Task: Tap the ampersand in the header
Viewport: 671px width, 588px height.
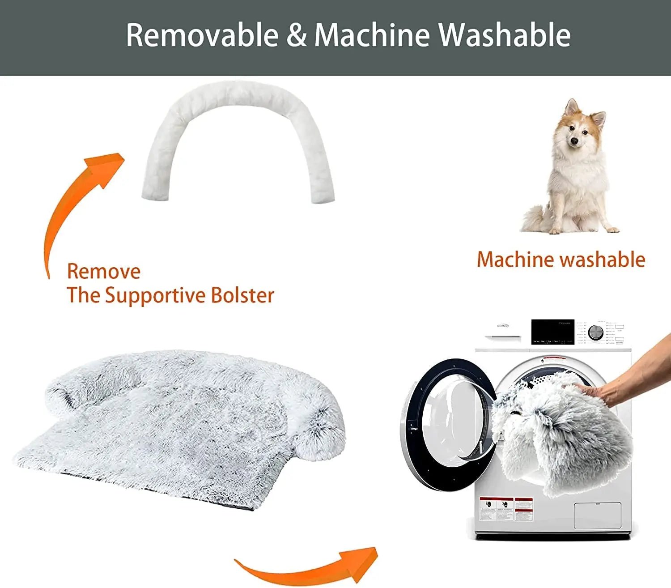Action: pos(296,35)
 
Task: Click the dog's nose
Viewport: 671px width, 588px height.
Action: pos(574,142)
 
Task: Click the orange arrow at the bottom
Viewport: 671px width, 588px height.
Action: pos(313,566)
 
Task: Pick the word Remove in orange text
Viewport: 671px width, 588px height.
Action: pos(104,272)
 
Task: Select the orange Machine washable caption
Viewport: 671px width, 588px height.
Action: pos(561,260)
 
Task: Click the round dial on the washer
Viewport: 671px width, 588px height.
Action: pos(595,332)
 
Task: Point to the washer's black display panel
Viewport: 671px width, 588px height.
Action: pos(552,332)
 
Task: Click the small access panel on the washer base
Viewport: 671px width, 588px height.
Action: pos(597,516)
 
